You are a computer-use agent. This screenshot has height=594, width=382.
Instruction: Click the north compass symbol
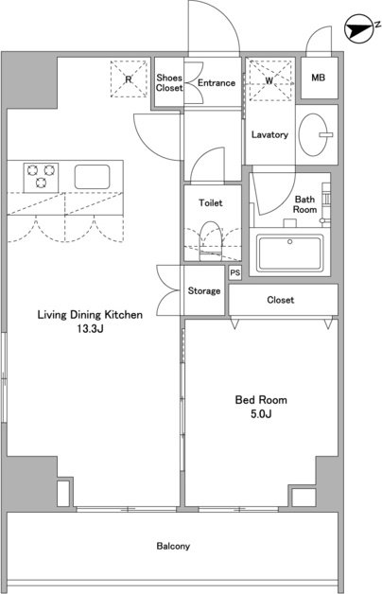tap(357, 28)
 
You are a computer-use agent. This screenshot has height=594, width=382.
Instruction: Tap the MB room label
tap(318, 78)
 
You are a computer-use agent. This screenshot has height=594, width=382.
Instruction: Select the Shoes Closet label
tap(169, 82)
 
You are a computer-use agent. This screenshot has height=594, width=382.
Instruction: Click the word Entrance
tap(217, 82)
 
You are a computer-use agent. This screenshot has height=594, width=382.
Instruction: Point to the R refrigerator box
tap(129, 79)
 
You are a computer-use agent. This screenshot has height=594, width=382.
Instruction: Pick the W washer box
tap(269, 80)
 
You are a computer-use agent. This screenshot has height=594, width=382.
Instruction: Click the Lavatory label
tap(269, 134)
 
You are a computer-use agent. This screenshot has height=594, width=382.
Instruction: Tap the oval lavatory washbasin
tap(314, 135)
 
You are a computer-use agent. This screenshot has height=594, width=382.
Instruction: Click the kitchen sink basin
tap(93, 177)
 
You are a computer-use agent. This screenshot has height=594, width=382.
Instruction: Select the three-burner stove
tap(41, 177)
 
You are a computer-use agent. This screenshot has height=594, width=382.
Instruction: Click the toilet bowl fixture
tap(210, 241)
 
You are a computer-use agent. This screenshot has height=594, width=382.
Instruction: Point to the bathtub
tap(289, 253)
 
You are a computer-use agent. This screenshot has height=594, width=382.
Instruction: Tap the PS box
tap(235, 272)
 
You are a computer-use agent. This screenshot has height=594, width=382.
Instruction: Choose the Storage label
tap(204, 290)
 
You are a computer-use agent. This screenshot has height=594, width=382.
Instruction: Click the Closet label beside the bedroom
tap(281, 300)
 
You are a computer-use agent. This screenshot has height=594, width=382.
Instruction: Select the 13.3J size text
tap(90, 329)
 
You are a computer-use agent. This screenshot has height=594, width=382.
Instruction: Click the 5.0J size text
tap(261, 413)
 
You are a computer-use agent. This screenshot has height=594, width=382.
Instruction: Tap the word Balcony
tap(173, 546)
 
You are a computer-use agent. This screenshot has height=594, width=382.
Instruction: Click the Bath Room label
tap(305, 204)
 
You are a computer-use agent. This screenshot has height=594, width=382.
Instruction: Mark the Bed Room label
tap(261, 400)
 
